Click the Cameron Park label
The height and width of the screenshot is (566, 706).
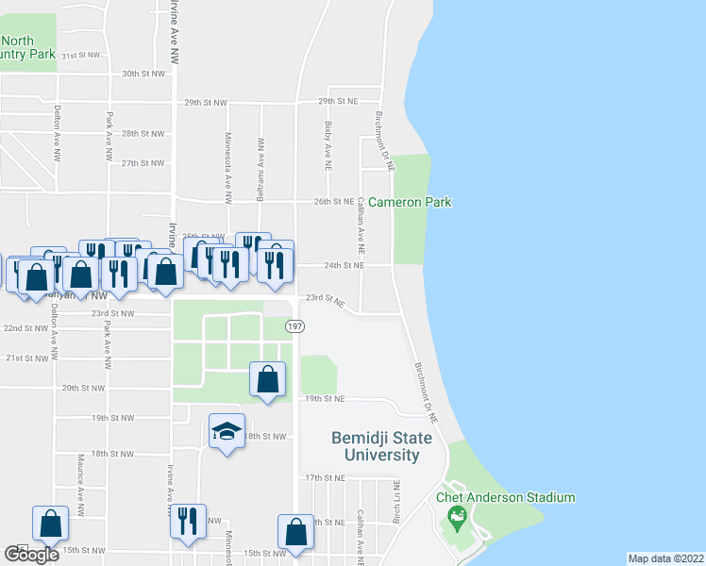(410, 202)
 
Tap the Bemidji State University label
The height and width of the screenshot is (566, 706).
(381, 446)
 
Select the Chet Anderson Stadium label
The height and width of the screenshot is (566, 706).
(505, 497)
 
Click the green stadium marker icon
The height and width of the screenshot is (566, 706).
(458, 516)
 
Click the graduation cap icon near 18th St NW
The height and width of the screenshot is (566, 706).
(226, 431)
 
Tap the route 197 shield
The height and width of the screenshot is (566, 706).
(294, 325)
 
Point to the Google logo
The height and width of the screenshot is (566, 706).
(31, 555)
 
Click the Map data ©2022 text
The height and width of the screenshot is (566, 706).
(666, 558)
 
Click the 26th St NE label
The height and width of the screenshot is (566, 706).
(334, 202)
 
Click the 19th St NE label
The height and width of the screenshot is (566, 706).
(324, 400)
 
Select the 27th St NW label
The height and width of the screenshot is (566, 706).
(143, 163)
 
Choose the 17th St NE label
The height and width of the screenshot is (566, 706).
(324, 478)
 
